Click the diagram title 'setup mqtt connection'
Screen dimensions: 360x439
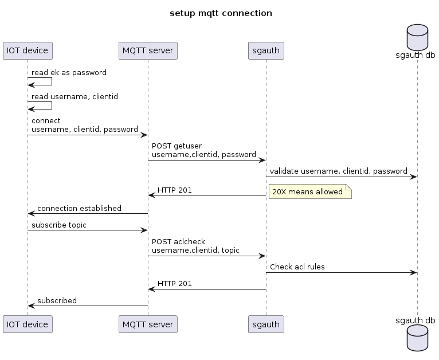[x=221, y=13]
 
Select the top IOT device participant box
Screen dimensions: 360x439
[x=28, y=50]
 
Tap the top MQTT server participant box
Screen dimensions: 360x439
[x=148, y=50]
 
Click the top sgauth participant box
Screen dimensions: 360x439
[x=266, y=50]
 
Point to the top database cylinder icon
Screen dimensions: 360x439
[x=417, y=37]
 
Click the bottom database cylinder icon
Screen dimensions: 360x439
[x=417, y=336]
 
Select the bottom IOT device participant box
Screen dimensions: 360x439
[x=28, y=324]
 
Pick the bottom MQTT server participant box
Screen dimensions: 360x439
[x=148, y=324]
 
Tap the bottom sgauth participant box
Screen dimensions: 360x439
[x=266, y=324]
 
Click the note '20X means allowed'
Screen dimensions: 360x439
[x=308, y=192]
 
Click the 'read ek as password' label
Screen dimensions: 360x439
[x=69, y=73]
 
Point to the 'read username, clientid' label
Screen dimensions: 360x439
[x=75, y=96]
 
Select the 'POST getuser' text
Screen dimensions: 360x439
[x=177, y=146]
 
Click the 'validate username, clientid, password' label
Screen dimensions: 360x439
[x=338, y=171]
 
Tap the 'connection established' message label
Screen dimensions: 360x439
[x=79, y=208]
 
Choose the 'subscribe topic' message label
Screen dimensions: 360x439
[x=59, y=225]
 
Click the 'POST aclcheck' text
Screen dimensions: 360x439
[x=178, y=242]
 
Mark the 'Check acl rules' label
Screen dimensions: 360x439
[x=296, y=267]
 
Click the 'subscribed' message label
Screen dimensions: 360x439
[x=57, y=300]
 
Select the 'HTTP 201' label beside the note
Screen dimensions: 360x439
[x=175, y=190]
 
